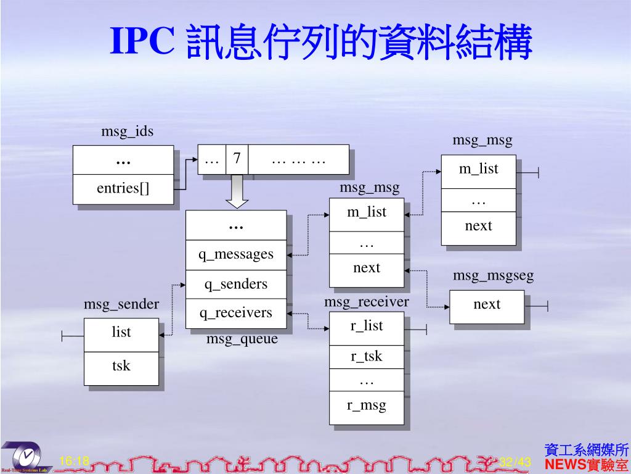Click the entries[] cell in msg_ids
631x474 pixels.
(x=123, y=189)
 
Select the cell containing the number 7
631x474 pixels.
(x=237, y=160)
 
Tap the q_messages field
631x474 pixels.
(x=235, y=254)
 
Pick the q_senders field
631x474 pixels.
(x=235, y=284)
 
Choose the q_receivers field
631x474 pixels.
(x=235, y=313)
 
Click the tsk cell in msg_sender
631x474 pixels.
(x=121, y=366)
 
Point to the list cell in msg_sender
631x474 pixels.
(x=121, y=333)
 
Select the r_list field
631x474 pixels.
(x=367, y=326)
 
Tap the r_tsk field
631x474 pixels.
(x=367, y=356)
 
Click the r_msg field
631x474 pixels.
(x=367, y=405)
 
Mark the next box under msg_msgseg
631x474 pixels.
(x=487, y=304)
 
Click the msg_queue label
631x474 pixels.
(x=242, y=339)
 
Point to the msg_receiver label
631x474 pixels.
(x=367, y=302)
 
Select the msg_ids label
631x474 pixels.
(x=127, y=131)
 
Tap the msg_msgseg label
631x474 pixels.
(x=493, y=276)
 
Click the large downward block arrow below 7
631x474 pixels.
(x=237, y=191)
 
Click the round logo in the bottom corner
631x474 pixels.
(x=26, y=457)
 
